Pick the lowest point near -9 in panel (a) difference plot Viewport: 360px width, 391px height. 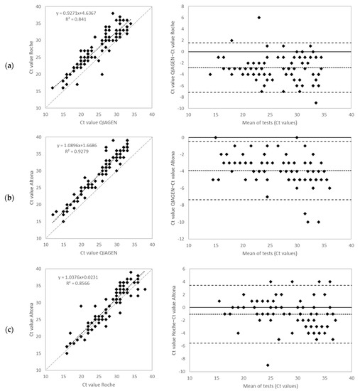(316, 103)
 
